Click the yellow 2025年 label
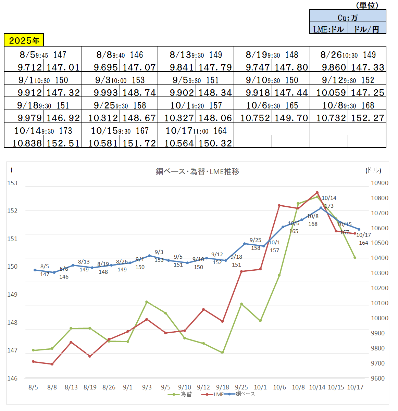(x=24, y=40)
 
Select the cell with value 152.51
(x=63, y=143)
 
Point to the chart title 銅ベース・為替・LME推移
(x=197, y=171)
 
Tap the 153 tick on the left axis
(x=12, y=183)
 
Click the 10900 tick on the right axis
(x=380, y=183)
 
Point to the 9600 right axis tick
(x=378, y=378)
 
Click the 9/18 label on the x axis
(x=223, y=387)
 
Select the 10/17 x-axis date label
(x=355, y=387)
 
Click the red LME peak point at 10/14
(x=317, y=192)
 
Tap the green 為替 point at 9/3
(x=147, y=302)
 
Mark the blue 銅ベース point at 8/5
(x=35, y=270)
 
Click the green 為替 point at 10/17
(x=355, y=258)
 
